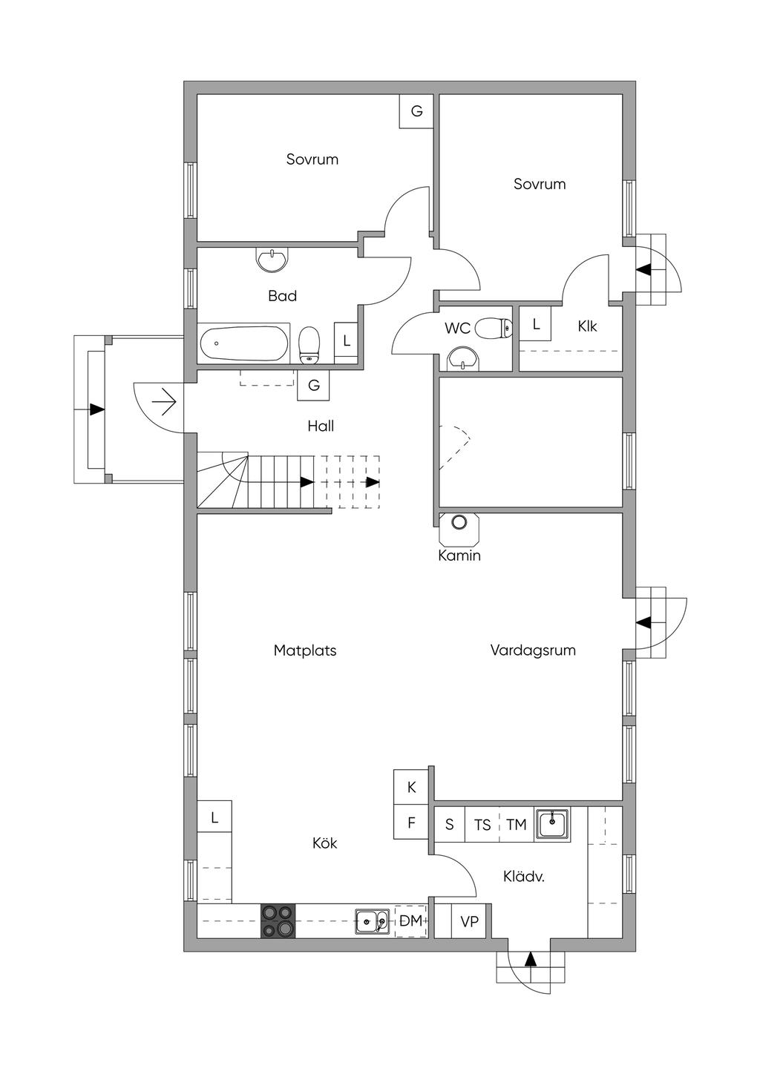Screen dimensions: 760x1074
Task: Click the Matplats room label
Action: tap(305, 650)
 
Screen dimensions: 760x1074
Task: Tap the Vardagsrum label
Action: tap(533, 650)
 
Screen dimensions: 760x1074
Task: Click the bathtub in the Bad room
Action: tap(243, 343)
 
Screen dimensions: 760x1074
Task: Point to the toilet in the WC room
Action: tap(494, 328)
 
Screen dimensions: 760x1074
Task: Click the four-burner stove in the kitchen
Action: tap(278, 920)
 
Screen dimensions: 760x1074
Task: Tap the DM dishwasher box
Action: tap(410, 920)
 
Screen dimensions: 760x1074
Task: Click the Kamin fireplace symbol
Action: tap(459, 530)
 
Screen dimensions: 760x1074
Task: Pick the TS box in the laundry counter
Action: tap(482, 825)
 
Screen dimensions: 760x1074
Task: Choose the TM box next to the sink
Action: tap(517, 825)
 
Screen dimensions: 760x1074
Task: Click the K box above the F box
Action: tap(411, 787)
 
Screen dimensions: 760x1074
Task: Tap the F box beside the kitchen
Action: tap(411, 822)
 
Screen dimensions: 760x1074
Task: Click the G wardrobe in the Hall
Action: tap(314, 385)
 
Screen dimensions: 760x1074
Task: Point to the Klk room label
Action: tap(587, 326)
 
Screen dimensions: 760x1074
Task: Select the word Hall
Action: tap(321, 426)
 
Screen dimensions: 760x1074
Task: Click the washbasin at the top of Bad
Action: tap(272, 260)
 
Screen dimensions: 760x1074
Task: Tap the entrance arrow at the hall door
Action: tap(165, 401)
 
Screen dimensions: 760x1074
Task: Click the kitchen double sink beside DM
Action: tap(373, 921)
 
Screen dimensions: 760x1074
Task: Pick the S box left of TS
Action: tap(449, 825)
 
